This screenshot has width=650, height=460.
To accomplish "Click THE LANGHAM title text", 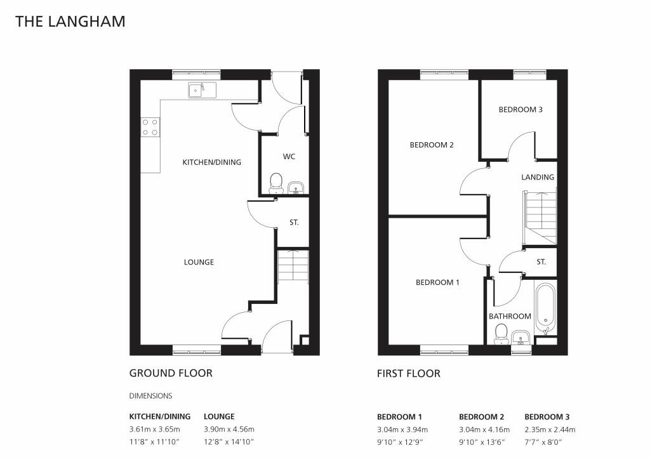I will (70, 22).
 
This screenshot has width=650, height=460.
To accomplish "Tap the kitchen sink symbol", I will (202, 90).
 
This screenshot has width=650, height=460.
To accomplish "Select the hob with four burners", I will (150, 127).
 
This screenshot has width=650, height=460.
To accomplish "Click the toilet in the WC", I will (276, 183).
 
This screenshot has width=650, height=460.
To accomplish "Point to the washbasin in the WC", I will (296, 187).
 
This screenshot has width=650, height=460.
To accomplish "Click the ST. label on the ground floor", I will (294, 223).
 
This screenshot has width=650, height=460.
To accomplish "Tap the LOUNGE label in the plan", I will (199, 262).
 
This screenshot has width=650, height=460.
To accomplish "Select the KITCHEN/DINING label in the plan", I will (212, 162).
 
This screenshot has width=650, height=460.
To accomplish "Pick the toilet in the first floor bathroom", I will (501, 332).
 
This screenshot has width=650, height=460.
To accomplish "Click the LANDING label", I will (538, 178).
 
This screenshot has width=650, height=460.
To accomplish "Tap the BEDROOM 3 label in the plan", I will (521, 110).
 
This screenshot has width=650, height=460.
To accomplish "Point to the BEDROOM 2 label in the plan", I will (432, 145).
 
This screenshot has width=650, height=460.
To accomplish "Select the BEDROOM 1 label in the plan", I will (437, 282).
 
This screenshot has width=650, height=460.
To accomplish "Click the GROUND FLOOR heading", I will (171, 373).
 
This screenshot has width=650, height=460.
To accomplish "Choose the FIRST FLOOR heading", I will (408, 373).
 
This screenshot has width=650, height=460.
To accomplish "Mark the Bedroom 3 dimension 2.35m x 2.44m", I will (550, 430).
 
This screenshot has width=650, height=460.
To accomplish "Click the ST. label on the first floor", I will (541, 262).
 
